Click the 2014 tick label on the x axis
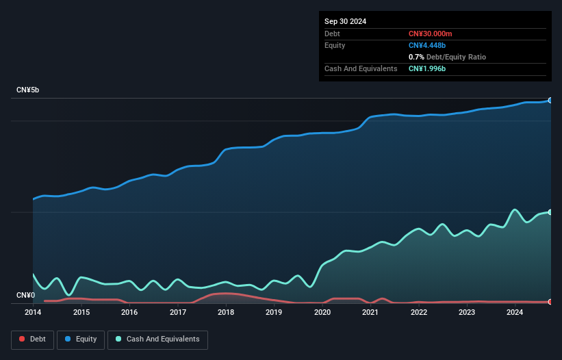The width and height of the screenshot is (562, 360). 33,313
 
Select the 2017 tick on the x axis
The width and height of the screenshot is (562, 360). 178,313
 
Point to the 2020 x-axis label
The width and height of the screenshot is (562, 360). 322,313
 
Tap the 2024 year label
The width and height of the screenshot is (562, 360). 515,313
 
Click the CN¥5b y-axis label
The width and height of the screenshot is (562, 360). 28,90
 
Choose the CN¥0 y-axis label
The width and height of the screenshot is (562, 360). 25,296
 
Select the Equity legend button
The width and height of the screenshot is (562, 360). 81,339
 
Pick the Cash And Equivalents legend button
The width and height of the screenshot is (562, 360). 157,339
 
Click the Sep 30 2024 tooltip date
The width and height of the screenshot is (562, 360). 346,21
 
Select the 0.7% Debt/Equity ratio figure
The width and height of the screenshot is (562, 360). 416,57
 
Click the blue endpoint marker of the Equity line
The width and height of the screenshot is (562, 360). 550,100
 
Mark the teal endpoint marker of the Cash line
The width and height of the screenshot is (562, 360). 550,212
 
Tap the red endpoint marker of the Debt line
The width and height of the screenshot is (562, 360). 550,302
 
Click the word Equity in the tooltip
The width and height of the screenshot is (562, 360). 335,45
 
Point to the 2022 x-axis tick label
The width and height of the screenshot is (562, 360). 419,313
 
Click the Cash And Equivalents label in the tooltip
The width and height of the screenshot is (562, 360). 361,68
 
